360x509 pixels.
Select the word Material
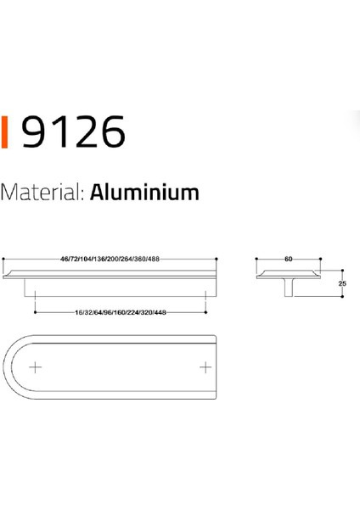coord(41,192)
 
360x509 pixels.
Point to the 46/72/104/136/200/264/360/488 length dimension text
coord(110,258)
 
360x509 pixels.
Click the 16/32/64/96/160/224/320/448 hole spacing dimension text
coord(120,312)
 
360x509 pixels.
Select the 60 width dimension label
coord(289,258)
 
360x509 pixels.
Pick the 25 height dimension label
coord(342,283)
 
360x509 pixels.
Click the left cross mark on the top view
coord(35,367)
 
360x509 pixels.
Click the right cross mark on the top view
coord(204,367)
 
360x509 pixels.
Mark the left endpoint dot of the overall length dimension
coord(4,258)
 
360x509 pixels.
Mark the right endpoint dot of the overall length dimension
coord(218,258)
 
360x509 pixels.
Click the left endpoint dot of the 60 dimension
coord(256,258)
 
